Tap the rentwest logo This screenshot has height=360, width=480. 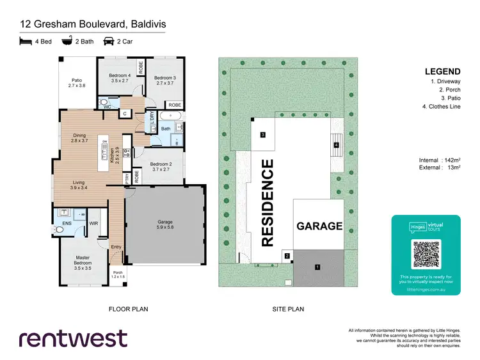72,338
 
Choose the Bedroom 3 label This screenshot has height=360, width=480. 164,80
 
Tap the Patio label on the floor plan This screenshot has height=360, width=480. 77,82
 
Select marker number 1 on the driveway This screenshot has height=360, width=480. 316,266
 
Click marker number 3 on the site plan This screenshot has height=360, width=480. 262,135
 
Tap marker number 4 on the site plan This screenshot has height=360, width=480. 336,145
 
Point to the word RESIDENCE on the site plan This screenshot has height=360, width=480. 268,203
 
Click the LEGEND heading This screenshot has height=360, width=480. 441,71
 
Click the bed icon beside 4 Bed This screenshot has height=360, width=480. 26,42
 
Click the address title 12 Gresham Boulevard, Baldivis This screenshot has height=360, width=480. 92,24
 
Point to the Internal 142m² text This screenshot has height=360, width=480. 441,160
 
